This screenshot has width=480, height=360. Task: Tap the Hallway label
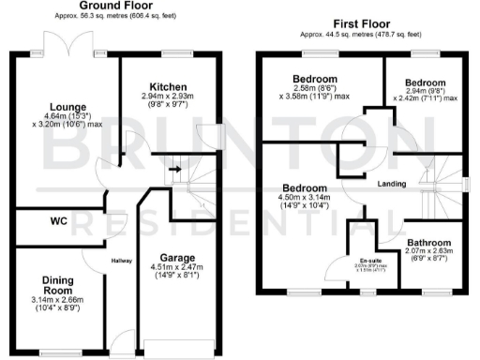(x=121, y=261)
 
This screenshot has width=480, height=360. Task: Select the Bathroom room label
(x=429, y=241)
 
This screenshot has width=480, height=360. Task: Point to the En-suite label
(x=369, y=260)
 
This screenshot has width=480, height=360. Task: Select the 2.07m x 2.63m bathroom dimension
(x=430, y=250)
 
